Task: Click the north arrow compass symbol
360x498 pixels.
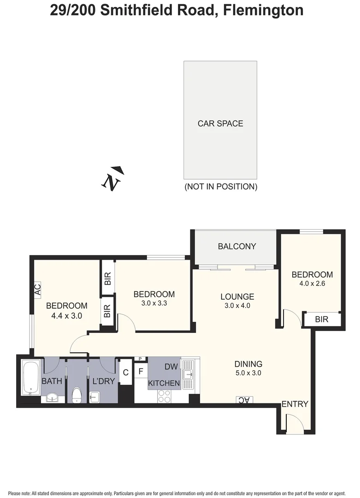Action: pyautogui.click(x=112, y=178)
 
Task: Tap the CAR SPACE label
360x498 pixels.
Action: pyautogui.click(x=220, y=124)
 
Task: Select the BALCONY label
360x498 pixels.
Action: pyautogui.click(x=236, y=246)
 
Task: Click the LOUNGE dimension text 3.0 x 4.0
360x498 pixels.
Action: pyautogui.click(x=237, y=306)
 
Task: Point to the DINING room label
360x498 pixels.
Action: pyautogui.click(x=248, y=364)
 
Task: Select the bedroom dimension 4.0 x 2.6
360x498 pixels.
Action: pyautogui.click(x=312, y=284)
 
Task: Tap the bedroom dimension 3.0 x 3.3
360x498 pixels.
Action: pyautogui.click(x=154, y=304)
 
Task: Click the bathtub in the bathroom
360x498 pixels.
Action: pyautogui.click(x=31, y=378)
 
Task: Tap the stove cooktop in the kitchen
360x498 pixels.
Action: pyautogui.click(x=164, y=396)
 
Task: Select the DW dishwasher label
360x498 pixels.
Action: pyautogui.click(x=171, y=367)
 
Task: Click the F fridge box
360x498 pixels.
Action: pyautogui.click(x=141, y=370)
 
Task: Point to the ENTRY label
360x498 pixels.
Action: pyautogui.click(x=295, y=404)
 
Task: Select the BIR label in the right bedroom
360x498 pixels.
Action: pyautogui.click(x=322, y=319)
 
